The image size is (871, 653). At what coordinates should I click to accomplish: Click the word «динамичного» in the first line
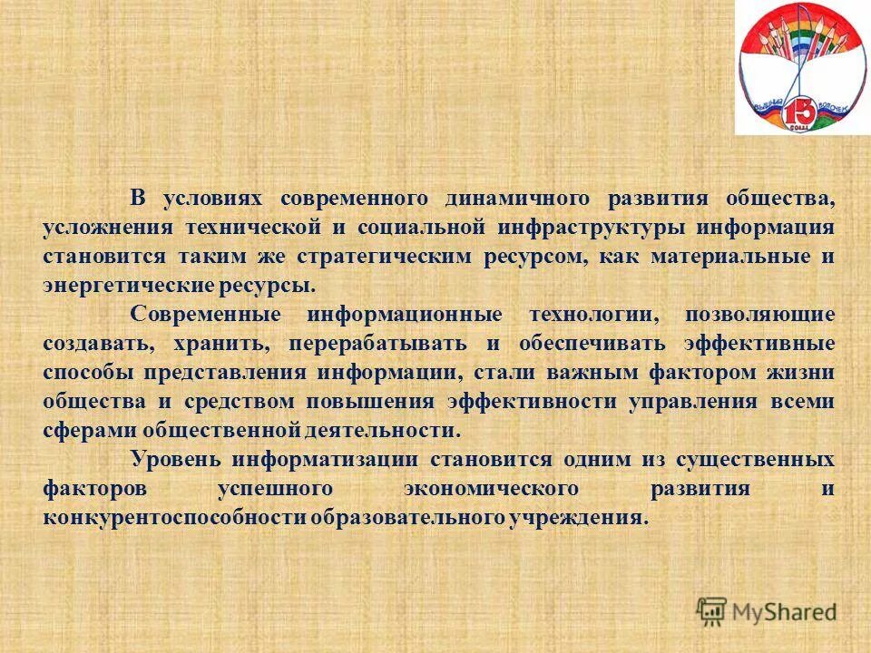click(x=513, y=198)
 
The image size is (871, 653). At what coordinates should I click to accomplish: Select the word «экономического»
click(x=490, y=488)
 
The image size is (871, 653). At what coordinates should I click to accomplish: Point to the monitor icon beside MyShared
click(x=712, y=609)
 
